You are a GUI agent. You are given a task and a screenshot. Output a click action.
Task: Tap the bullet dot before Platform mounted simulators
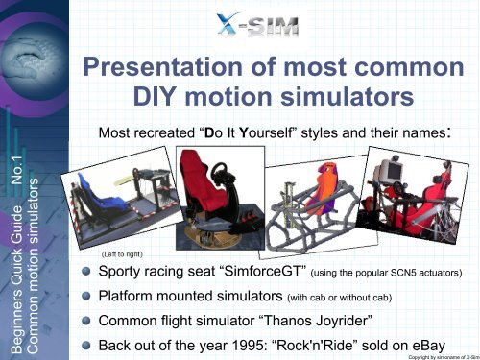87,296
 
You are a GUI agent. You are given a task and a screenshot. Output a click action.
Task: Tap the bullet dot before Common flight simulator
87,321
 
